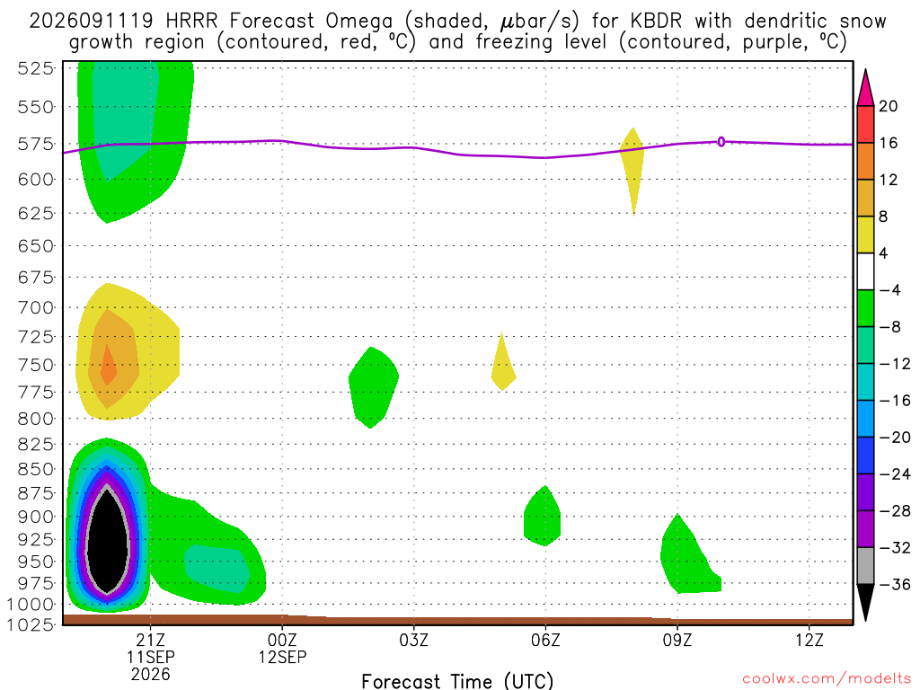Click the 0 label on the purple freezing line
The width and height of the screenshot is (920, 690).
point(721,141)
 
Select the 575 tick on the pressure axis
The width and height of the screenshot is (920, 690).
point(36,144)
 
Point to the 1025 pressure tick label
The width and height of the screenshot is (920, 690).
point(31,624)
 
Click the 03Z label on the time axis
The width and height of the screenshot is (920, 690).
point(414,640)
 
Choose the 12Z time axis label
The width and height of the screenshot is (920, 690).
point(809,640)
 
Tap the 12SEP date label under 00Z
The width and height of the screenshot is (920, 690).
point(283,657)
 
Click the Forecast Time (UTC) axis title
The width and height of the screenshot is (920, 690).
point(457,681)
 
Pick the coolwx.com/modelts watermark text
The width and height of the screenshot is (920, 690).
point(827,679)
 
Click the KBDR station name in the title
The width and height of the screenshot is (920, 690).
point(656,22)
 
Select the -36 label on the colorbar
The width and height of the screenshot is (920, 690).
point(895,584)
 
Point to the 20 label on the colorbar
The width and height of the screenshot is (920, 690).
point(889,106)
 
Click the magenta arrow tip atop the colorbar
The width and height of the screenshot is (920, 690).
point(865,70)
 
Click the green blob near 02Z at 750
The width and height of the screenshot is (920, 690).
point(373,387)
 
